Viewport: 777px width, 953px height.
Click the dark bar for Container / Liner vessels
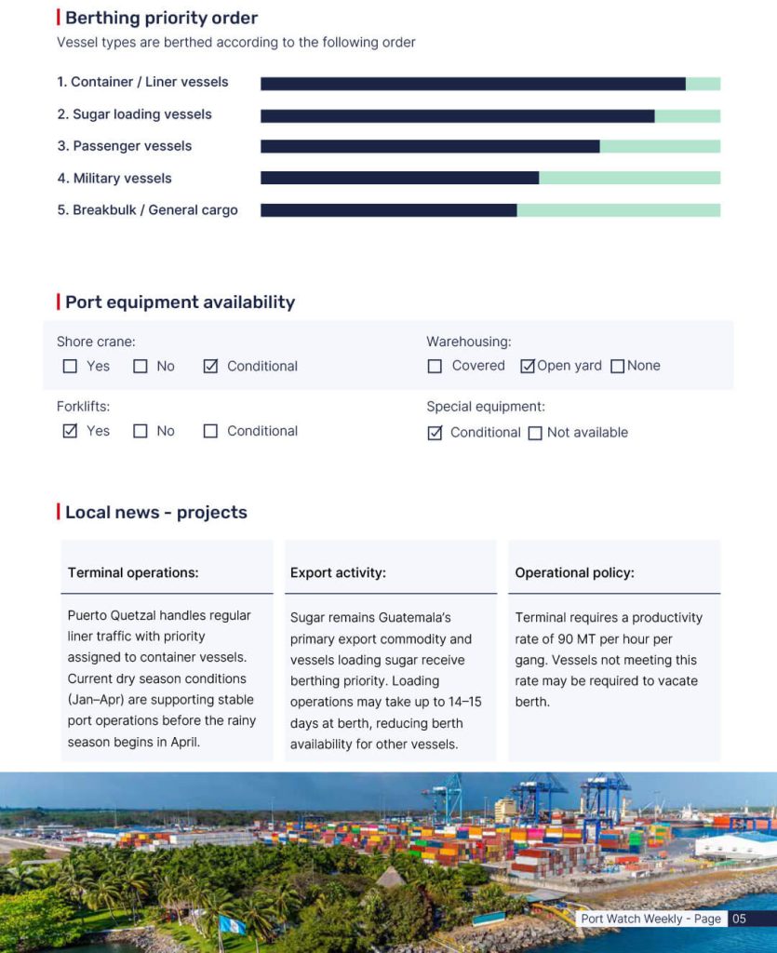[x=473, y=84]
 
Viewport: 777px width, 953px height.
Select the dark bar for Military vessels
[x=399, y=178]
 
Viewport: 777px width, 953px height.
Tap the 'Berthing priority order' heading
[x=161, y=18]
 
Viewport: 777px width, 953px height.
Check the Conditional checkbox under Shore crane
[x=210, y=367]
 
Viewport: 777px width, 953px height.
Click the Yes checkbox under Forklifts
[x=70, y=431]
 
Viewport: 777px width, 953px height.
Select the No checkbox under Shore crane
[x=141, y=367]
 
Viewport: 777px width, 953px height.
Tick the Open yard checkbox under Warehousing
[x=528, y=367]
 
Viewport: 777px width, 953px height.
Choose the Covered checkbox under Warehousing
[x=435, y=367]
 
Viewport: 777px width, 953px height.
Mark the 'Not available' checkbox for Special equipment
[x=535, y=433]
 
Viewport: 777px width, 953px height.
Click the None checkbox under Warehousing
[x=617, y=367]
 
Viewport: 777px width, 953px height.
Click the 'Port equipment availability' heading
[x=180, y=302]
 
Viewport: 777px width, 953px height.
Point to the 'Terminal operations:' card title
[x=133, y=573]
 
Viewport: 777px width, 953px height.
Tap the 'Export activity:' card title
[x=338, y=573]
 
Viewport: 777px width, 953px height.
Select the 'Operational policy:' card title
[x=574, y=573]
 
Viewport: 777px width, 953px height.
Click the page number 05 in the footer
[x=739, y=919]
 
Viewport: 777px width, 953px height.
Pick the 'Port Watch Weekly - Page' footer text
[x=650, y=919]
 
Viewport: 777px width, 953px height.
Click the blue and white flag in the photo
[x=231, y=924]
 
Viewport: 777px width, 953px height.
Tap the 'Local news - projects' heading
[x=155, y=513]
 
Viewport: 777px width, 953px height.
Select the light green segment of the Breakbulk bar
[x=618, y=210]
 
